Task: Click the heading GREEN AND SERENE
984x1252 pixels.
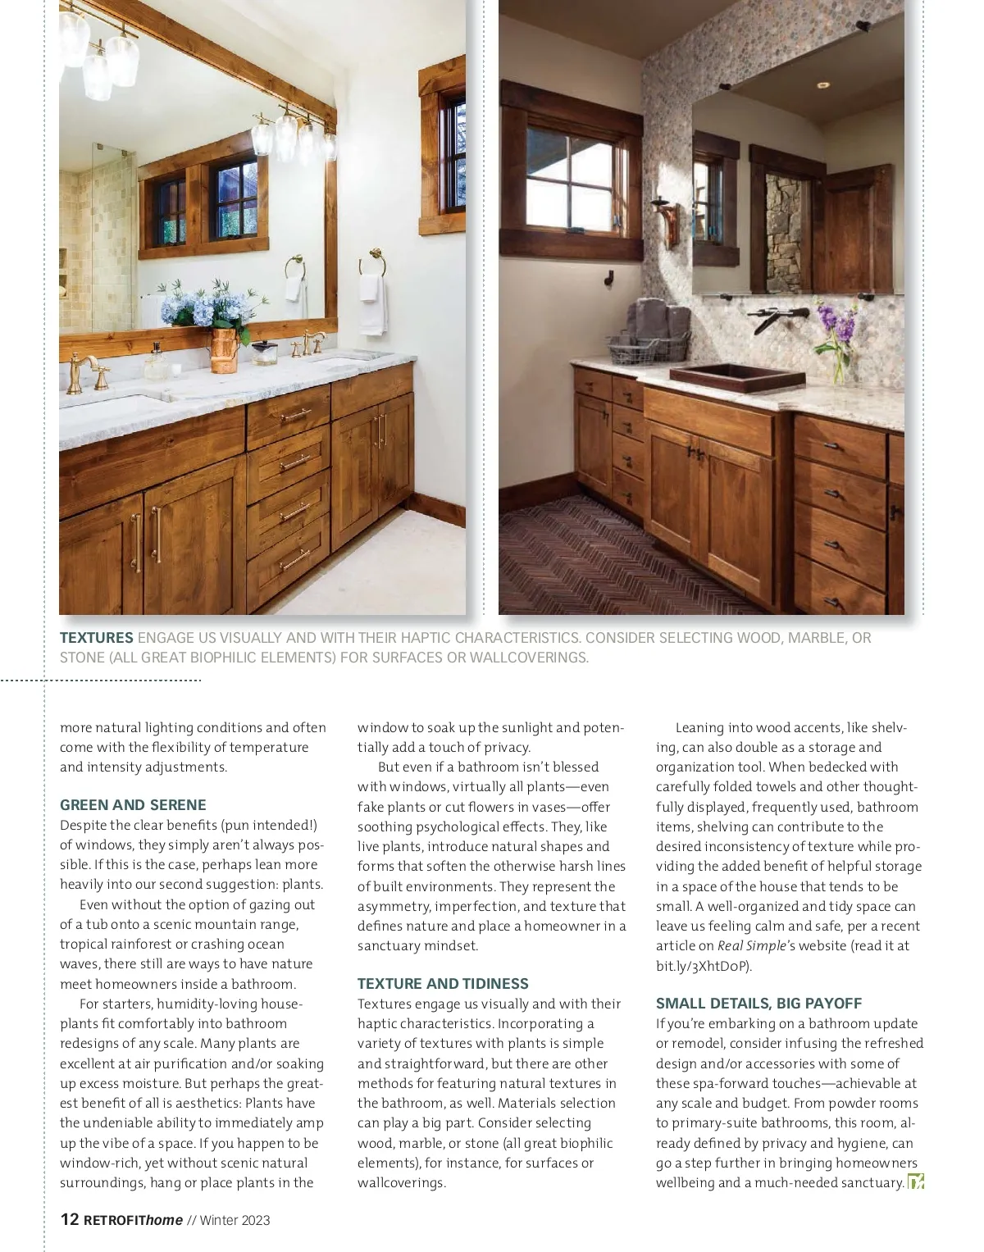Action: tap(133, 805)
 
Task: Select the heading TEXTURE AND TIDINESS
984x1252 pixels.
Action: tap(443, 983)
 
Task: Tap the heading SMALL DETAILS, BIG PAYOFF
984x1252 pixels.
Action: tap(758, 1003)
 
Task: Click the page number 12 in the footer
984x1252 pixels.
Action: tap(70, 1219)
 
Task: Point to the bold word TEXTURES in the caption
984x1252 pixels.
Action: tap(96, 637)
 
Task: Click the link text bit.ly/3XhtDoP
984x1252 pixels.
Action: tap(703, 966)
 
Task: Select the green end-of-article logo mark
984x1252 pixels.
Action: tap(916, 1181)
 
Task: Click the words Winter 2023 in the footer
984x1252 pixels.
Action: tap(235, 1220)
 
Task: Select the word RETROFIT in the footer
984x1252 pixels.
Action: tap(114, 1220)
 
